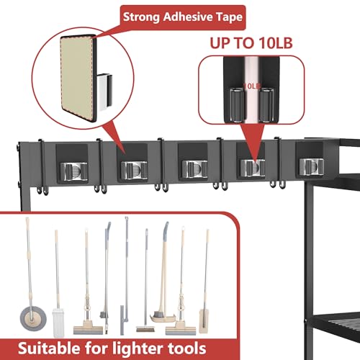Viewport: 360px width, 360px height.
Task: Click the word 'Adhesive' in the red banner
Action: (x=188, y=17)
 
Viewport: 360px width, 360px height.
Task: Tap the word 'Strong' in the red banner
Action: (x=141, y=17)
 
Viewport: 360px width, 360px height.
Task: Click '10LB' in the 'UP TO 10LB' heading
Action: (x=276, y=43)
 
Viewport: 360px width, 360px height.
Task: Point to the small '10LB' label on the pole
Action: (x=252, y=86)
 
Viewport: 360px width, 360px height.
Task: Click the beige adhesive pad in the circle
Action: (x=77, y=77)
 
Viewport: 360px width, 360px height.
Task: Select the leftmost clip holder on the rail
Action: (x=73, y=171)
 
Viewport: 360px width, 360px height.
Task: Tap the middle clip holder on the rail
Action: (x=194, y=168)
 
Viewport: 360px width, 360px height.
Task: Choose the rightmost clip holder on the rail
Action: (x=312, y=166)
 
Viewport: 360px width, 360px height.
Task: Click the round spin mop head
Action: (x=33, y=318)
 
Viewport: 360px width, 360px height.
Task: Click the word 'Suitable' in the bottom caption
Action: (x=49, y=348)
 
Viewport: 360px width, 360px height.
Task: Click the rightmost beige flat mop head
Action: (x=204, y=321)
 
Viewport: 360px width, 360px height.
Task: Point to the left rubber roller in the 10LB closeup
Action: (x=237, y=105)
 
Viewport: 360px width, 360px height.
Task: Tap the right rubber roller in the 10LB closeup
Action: (x=266, y=105)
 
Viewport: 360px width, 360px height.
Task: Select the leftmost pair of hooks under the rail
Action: (x=42, y=190)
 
